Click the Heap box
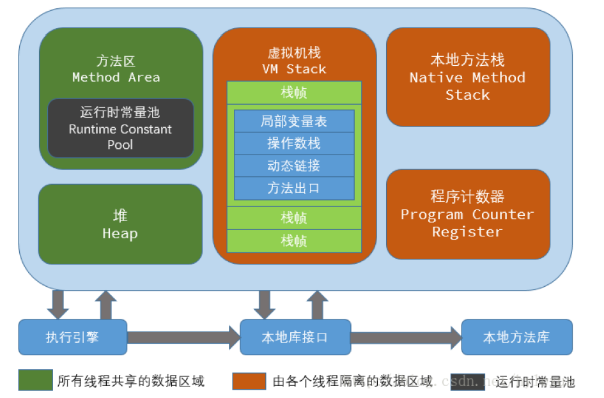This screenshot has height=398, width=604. tap(120, 224)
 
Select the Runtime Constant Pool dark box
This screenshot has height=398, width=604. tap(120, 128)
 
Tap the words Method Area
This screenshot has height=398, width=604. tap(116, 77)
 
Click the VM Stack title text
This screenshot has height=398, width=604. tap(294, 69)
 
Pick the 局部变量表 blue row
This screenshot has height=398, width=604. tap(294, 121)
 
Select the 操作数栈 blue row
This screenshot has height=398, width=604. tap(294, 143)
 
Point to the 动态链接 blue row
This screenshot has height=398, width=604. tap(294, 165)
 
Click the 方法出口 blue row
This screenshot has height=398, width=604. tap(294, 188)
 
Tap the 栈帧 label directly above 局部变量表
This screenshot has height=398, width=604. tap(294, 93)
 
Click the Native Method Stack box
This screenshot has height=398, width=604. tap(468, 77)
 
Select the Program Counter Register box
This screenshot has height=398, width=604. tap(468, 214)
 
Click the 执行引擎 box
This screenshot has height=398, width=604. tap(72, 337)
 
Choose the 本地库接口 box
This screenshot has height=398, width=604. tap(295, 337)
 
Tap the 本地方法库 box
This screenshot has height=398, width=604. tap(516, 337)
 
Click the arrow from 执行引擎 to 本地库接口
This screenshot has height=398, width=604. tap(183, 337)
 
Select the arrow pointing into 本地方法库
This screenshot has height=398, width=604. tap(406, 337)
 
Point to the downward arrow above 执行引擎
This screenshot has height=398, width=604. tap(58, 304)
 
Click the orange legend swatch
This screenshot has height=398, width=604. tap(249, 381)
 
